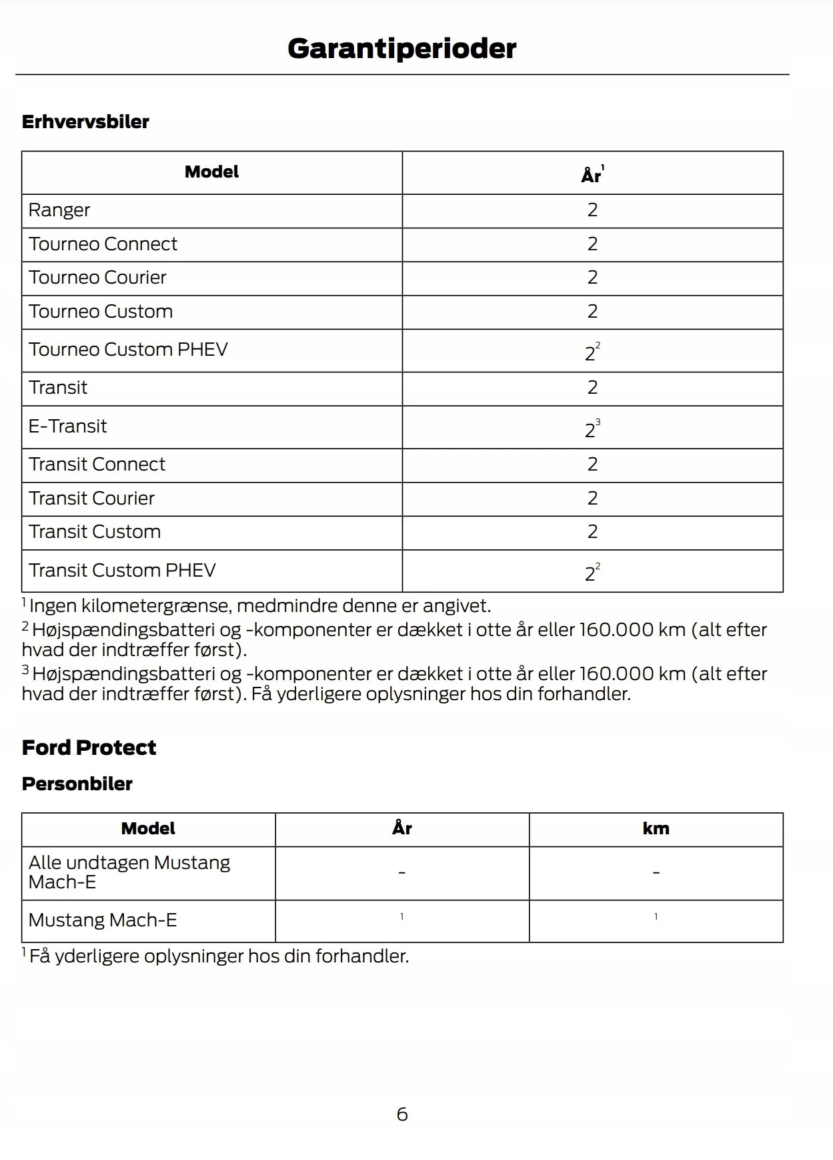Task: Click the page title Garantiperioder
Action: [x=401, y=49]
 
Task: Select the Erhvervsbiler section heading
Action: [x=85, y=121]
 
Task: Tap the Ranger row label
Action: [x=59, y=210]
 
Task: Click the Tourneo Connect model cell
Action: [x=103, y=244]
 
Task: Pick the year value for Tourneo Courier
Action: [x=592, y=278]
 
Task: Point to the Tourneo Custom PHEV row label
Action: [x=128, y=350]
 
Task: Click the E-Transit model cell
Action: [x=67, y=426]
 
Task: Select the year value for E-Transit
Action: [x=591, y=429]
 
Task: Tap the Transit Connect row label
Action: [x=97, y=465]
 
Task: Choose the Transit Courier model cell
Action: [x=91, y=499]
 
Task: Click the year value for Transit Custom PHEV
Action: [x=591, y=573]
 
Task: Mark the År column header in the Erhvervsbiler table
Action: [x=592, y=175]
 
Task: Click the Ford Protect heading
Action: [x=89, y=748]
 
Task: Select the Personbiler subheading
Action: [x=77, y=784]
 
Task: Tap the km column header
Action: [x=656, y=829]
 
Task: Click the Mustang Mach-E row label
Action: [x=103, y=920]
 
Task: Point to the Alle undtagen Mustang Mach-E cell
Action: [x=129, y=872]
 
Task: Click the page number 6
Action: [x=402, y=1114]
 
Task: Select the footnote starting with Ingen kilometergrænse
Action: [x=259, y=606]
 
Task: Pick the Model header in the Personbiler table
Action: [x=148, y=829]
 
